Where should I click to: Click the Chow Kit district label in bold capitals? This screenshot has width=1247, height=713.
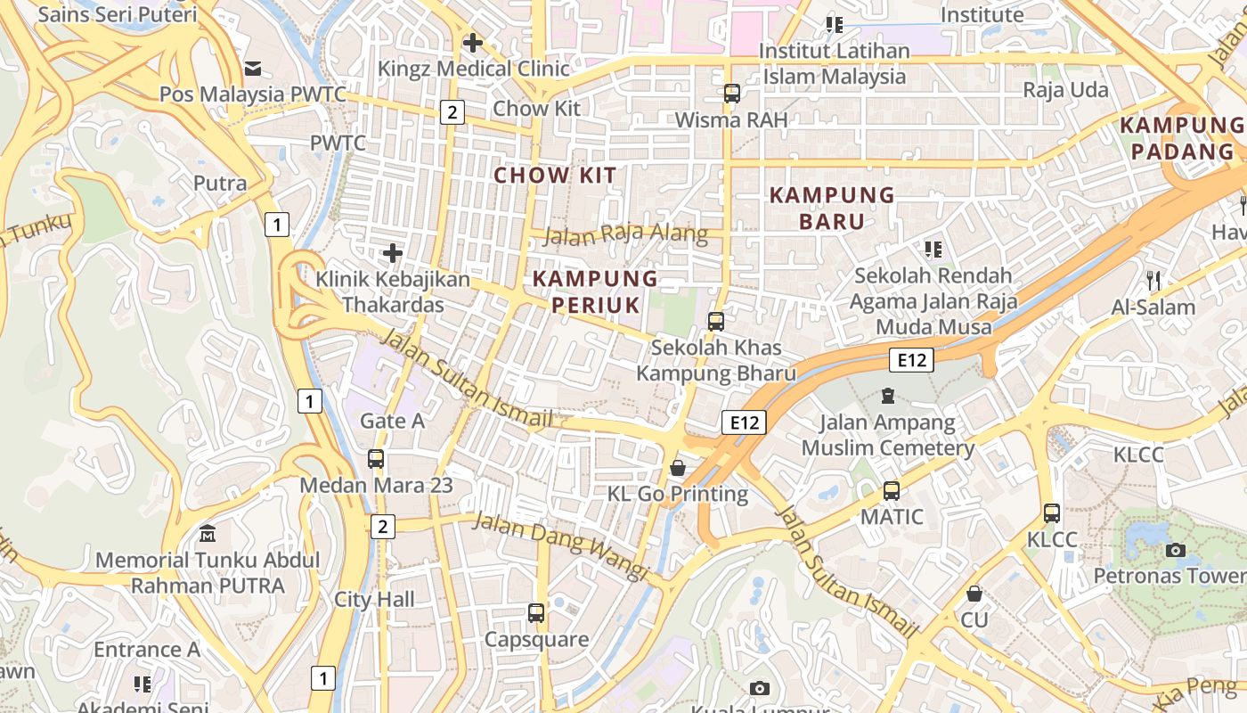pos(555,175)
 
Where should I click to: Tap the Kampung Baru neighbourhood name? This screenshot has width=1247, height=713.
pos(832,208)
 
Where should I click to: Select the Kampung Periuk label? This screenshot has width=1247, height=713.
pos(595,291)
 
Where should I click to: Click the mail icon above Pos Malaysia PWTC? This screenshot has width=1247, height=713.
pos(253,68)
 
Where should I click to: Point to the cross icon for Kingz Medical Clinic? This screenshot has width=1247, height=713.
pos(473,42)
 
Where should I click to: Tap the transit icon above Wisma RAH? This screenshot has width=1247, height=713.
pos(731,93)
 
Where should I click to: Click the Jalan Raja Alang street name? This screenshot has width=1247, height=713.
pos(625,234)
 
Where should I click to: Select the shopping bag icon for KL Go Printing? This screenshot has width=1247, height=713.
pos(678,468)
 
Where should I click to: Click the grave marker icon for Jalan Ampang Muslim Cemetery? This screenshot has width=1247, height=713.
pos(887,395)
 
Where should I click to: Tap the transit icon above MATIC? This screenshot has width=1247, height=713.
pos(892,490)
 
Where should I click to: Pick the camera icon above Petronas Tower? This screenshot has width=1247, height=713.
pos(1176,550)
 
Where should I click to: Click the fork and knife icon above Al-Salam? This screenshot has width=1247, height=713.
pos(1153,281)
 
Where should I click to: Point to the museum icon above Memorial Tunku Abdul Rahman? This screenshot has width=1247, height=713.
pos(208,534)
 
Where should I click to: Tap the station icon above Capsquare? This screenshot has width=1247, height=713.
pos(535,613)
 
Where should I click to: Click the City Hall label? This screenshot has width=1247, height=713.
pos(374,599)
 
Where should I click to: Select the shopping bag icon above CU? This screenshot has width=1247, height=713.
pos(974,594)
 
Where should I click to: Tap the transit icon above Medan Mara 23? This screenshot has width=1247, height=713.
pos(376,459)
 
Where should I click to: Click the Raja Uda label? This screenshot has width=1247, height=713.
pos(1065,90)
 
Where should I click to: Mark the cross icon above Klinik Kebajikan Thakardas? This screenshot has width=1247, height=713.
pos(393,253)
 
